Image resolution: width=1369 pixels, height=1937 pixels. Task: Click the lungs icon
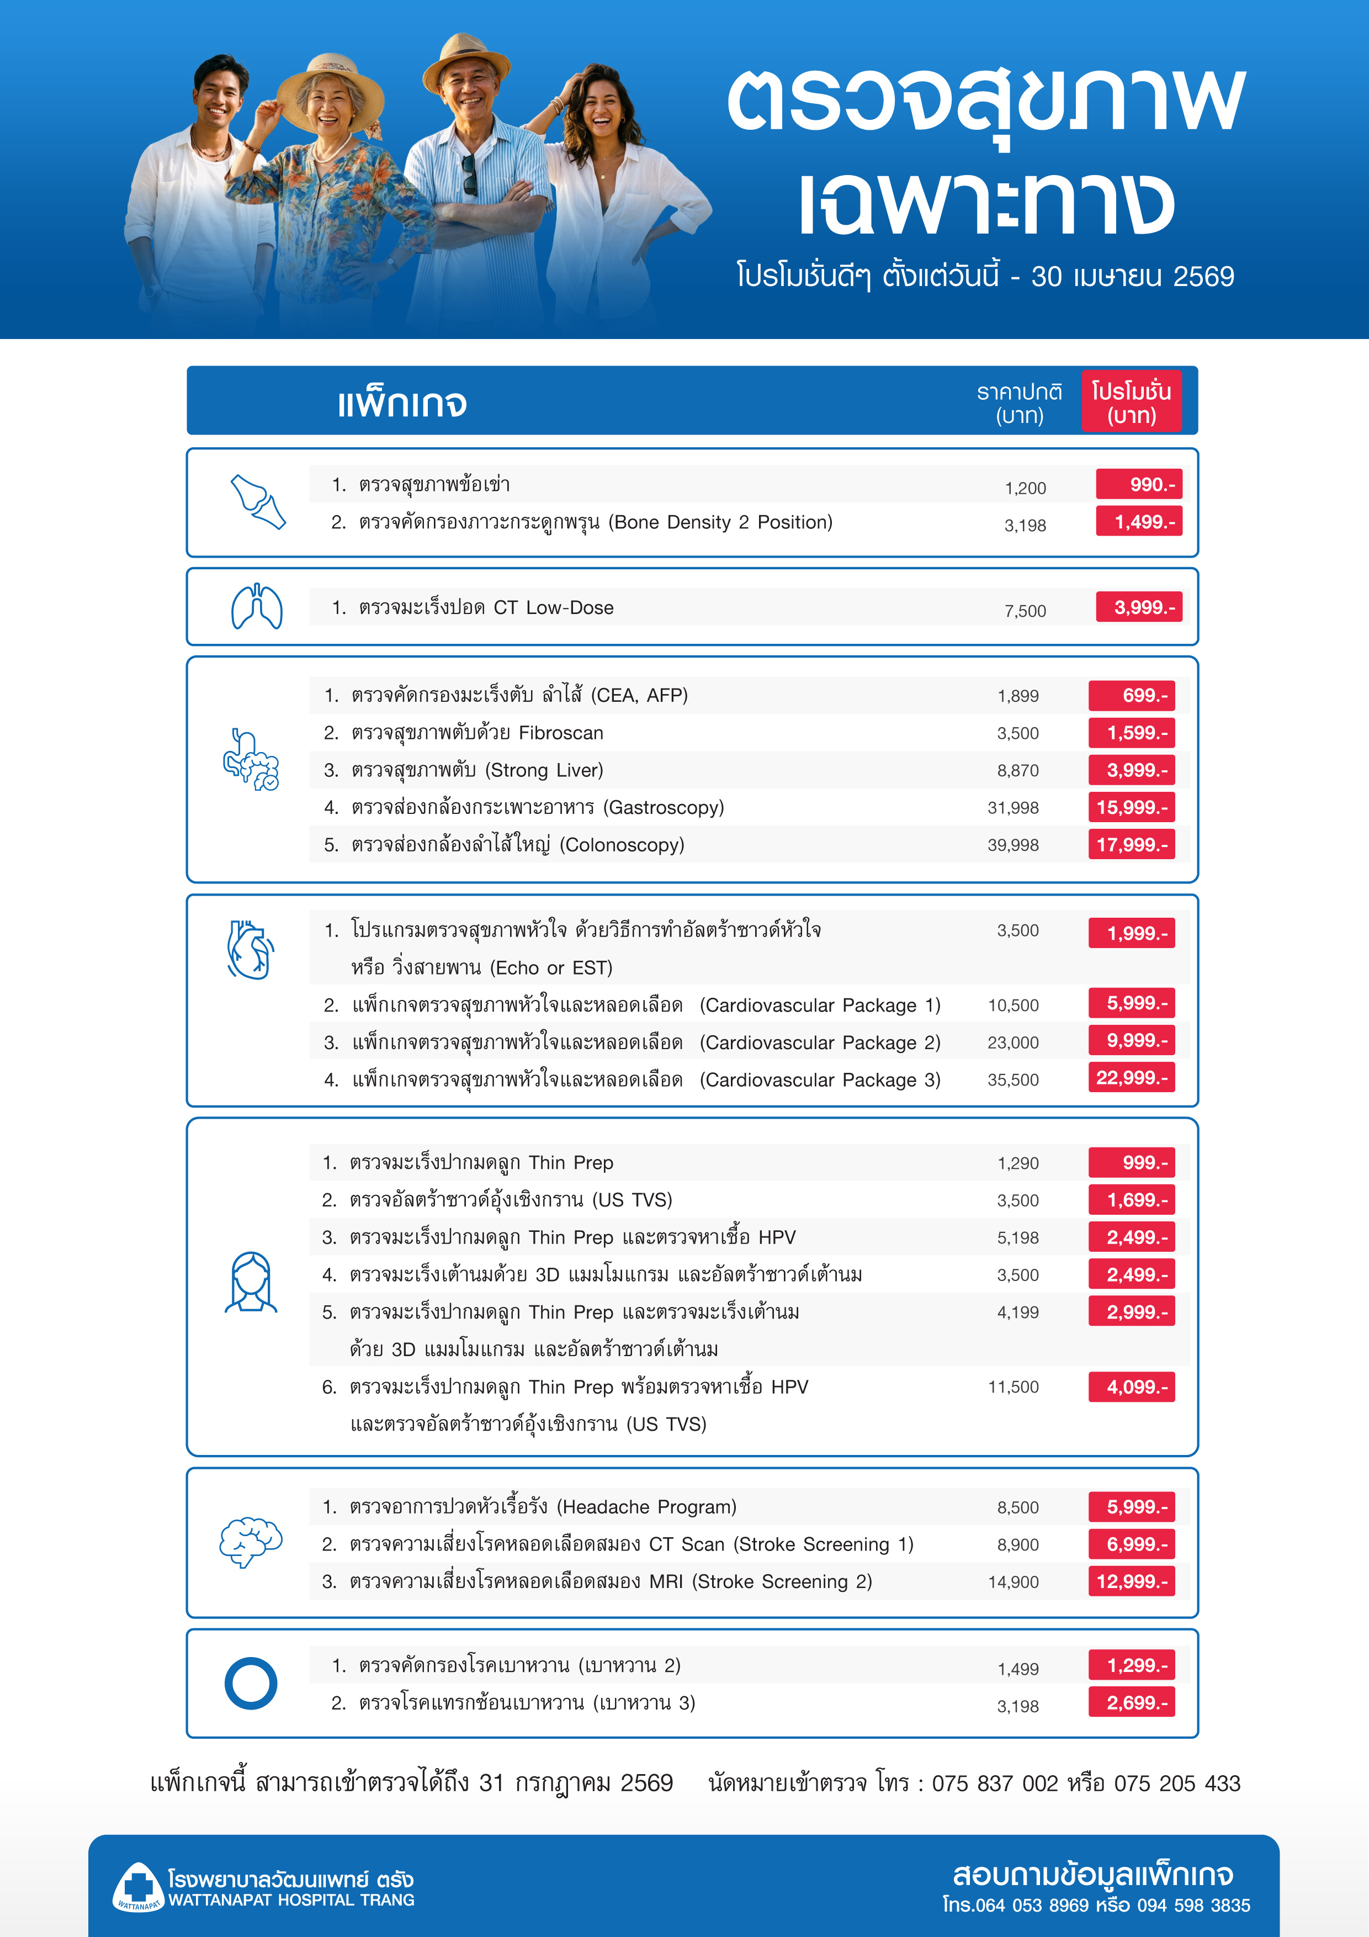(257, 607)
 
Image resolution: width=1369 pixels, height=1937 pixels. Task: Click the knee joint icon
(257, 502)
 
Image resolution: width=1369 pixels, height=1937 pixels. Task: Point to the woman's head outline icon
(251, 1282)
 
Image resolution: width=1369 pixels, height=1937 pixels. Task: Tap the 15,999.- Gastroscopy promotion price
(1131, 807)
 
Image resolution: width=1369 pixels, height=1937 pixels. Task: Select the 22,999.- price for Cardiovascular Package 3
(1131, 1078)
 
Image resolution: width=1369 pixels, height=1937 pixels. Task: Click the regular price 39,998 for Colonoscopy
(1013, 845)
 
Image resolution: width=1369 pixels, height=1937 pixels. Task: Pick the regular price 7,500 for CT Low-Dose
(1025, 611)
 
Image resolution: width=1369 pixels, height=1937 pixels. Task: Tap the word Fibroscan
(561, 733)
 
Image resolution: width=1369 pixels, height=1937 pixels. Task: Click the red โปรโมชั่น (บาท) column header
(1131, 403)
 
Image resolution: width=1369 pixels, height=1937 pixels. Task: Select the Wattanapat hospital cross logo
(137, 1886)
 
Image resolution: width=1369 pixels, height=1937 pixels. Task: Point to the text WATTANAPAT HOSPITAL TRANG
(291, 1900)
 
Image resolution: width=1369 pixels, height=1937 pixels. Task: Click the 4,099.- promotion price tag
(1131, 1387)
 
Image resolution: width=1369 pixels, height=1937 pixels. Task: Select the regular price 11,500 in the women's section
(1013, 1387)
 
